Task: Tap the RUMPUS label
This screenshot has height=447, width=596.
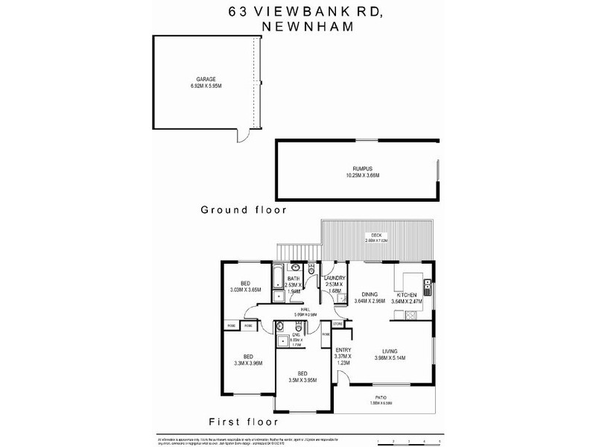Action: coord(358,170)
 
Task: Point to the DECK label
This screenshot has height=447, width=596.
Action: coord(377,234)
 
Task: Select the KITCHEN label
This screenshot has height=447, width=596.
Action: coord(408,296)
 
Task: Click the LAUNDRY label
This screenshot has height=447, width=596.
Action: coord(333,278)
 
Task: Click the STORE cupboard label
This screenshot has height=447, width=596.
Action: coord(337,324)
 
